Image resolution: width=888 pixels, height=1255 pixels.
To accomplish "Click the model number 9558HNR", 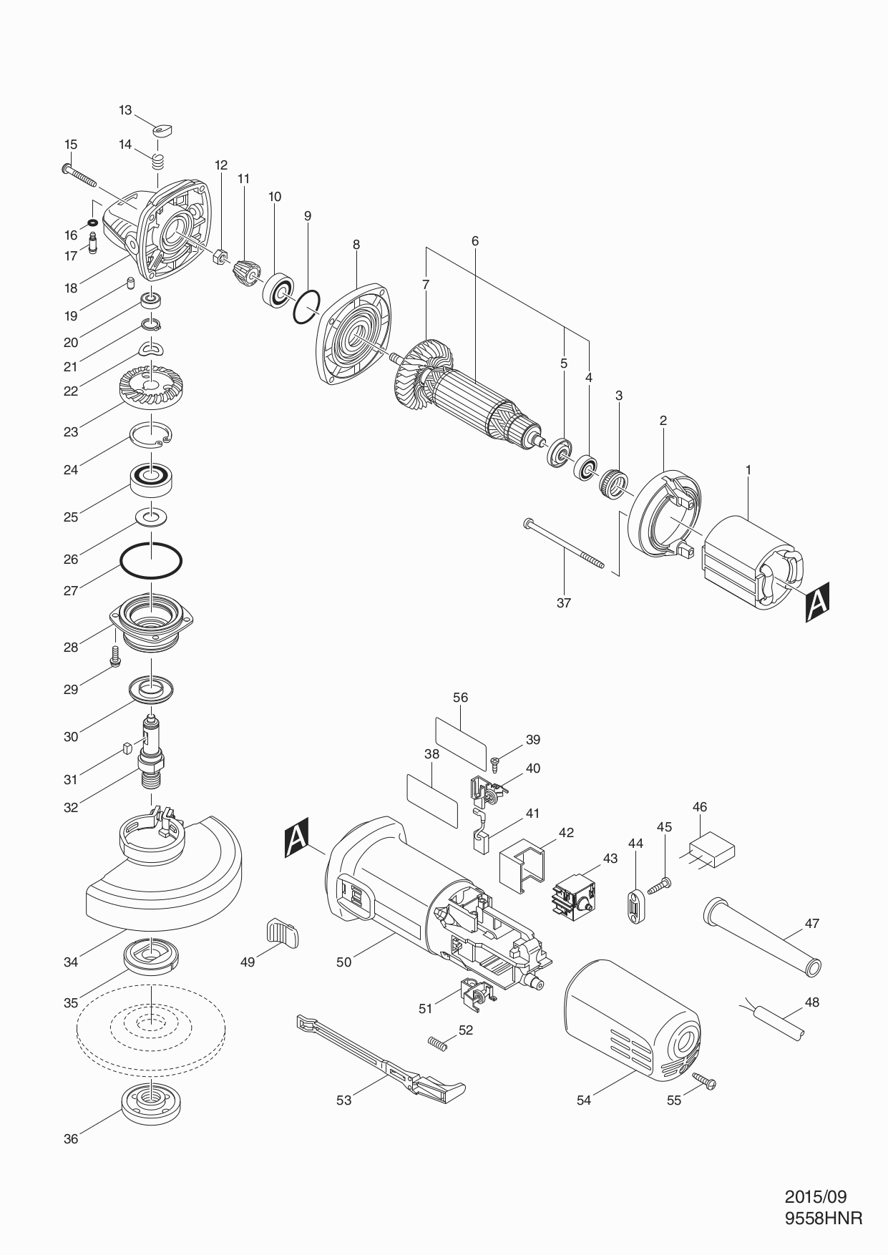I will (x=823, y=1218).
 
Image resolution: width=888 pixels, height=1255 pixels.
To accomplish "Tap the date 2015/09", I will (x=815, y=1196).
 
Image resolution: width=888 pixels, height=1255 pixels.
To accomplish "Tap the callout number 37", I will (x=564, y=602).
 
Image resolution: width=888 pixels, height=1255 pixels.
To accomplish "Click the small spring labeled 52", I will (x=438, y=1044).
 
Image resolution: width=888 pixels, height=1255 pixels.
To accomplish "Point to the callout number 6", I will (x=474, y=241).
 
